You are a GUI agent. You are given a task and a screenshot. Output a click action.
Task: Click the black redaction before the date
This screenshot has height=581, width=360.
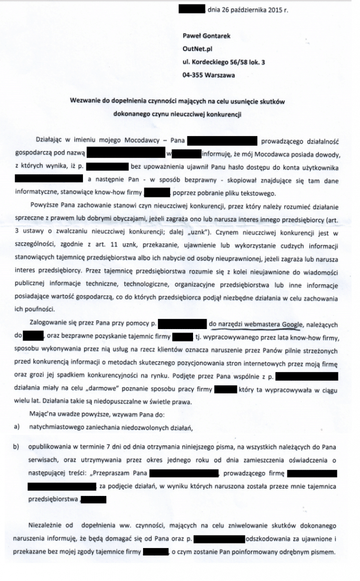click(191, 10)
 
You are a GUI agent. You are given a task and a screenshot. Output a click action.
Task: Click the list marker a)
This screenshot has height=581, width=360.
click(16, 426)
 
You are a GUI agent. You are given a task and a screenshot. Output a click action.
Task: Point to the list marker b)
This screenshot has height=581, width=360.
click(16, 447)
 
